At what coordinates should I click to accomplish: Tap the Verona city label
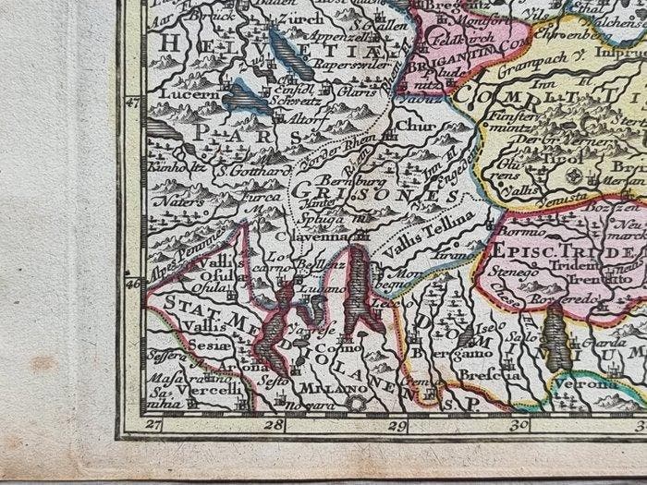[587, 382]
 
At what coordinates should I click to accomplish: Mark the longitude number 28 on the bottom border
[272, 425]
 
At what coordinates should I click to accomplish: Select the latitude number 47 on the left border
[132, 103]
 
